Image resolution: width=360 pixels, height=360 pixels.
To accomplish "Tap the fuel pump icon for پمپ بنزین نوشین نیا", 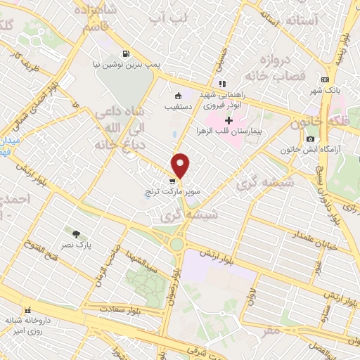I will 125,53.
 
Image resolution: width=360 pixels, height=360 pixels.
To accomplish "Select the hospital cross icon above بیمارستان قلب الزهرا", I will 229,120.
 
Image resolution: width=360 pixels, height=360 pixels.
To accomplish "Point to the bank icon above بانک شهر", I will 324,79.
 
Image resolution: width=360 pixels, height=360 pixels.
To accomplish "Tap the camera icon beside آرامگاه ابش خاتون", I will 310,138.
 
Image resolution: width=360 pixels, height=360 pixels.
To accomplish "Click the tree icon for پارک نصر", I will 76,233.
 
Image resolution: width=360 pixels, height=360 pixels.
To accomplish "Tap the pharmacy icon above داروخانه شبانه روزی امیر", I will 27,310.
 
